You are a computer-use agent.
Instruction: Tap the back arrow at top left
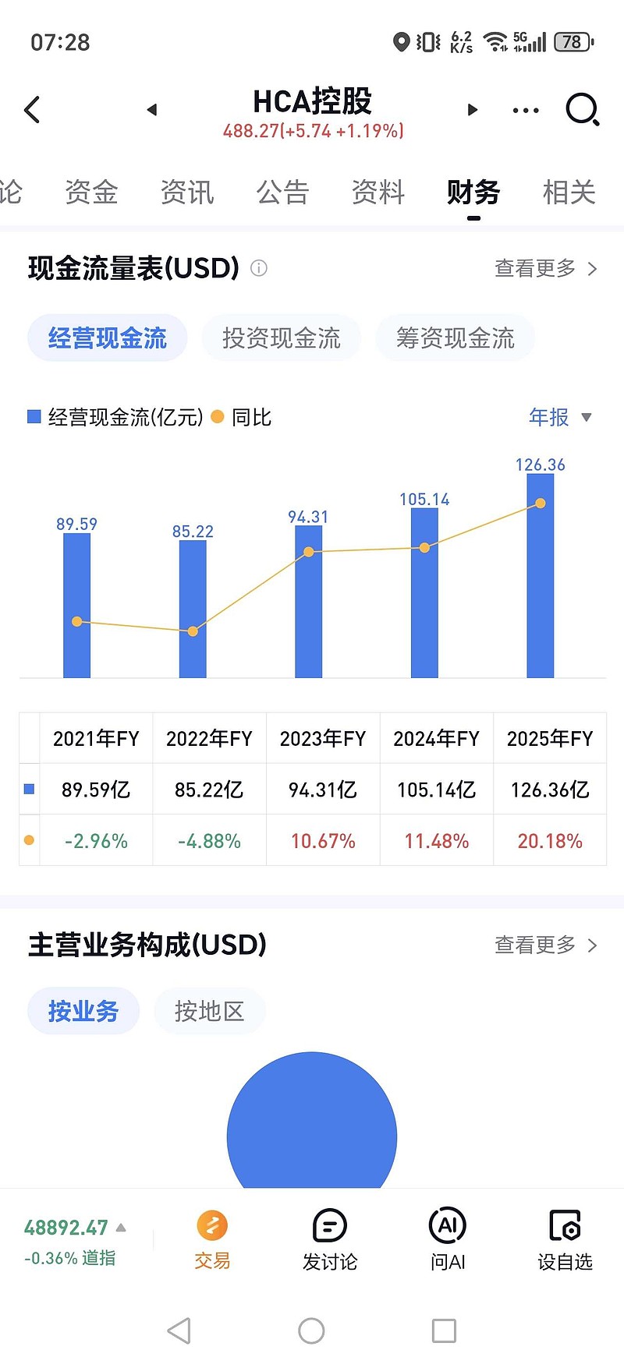pyautogui.click(x=32, y=110)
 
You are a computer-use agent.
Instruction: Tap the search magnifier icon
pyautogui.click(x=582, y=110)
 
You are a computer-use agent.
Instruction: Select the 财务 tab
pyautogui.click(x=473, y=192)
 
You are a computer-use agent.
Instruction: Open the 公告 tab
pyautogui.click(x=282, y=192)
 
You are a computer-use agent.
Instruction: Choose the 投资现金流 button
pyautogui.click(x=281, y=338)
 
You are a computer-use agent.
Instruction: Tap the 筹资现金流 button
pyautogui.click(x=455, y=338)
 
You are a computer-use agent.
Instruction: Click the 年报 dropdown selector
pyautogui.click(x=560, y=418)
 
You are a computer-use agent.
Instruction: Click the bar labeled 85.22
pyautogui.click(x=193, y=608)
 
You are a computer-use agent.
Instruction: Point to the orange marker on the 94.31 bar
pyautogui.click(x=309, y=552)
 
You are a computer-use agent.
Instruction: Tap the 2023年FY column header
pyautogui.click(x=322, y=738)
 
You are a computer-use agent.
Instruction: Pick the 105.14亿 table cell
pyautogui.click(x=436, y=790)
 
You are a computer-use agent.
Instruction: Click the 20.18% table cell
pyautogui.click(x=550, y=841)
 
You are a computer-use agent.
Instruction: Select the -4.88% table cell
pyautogui.click(x=209, y=841)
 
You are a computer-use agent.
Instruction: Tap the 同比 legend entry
pyautogui.click(x=242, y=418)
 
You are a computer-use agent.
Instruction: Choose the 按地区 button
pyautogui.click(x=209, y=1012)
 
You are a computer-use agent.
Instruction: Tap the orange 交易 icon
pyautogui.click(x=212, y=1226)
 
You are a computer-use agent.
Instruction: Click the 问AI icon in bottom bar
pyautogui.click(x=448, y=1226)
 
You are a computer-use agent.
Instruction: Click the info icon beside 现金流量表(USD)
pyautogui.click(x=259, y=268)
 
